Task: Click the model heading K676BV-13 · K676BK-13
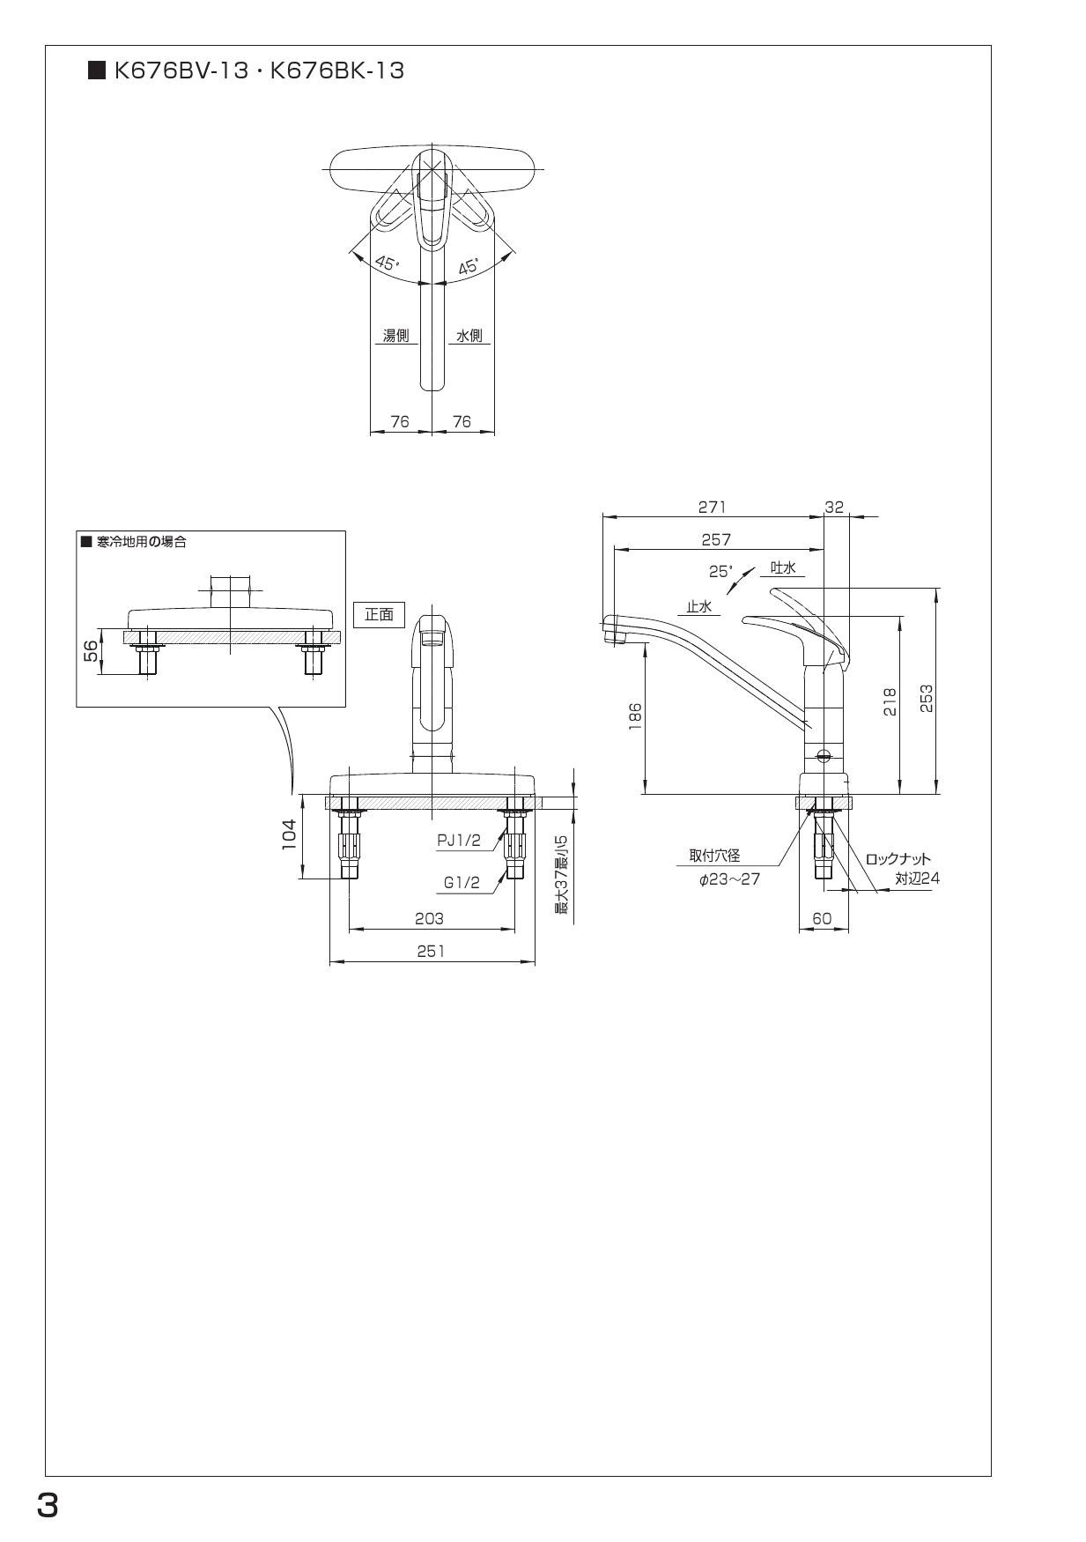tap(258, 71)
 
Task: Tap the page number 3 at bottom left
tap(48, 1506)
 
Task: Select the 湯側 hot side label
tap(395, 336)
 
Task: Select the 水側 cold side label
tap(469, 336)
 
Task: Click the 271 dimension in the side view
tap(712, 507)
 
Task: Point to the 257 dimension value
tap(715, 539)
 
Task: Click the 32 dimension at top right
tap(833, 507)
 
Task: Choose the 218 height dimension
tap(890, 702)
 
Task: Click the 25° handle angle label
tap(720, 571)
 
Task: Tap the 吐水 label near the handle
tap(783, 568)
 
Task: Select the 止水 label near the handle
tap(699, 606)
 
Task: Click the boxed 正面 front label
tap(379, 614)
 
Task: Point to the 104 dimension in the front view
tap(289, 835)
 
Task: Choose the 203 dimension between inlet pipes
tap(429, 918)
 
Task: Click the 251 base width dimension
tap(431, 951)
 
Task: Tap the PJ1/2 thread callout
tap(459, 840)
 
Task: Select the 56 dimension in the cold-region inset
tap(91, 652)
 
